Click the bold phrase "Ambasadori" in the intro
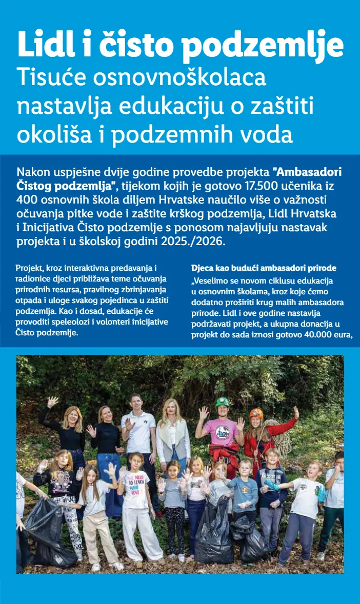tap(307, 171)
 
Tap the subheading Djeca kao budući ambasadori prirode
tap(264, 268)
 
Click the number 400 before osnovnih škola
tap(26, 198)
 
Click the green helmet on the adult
tap(222, 402)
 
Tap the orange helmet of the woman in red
tap(256, 413)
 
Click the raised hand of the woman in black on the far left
tap(52, 401)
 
